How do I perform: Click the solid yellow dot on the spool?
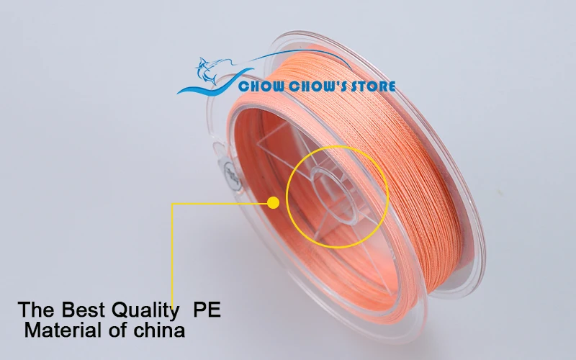point(273,203)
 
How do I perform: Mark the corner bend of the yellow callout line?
point(172,204)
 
